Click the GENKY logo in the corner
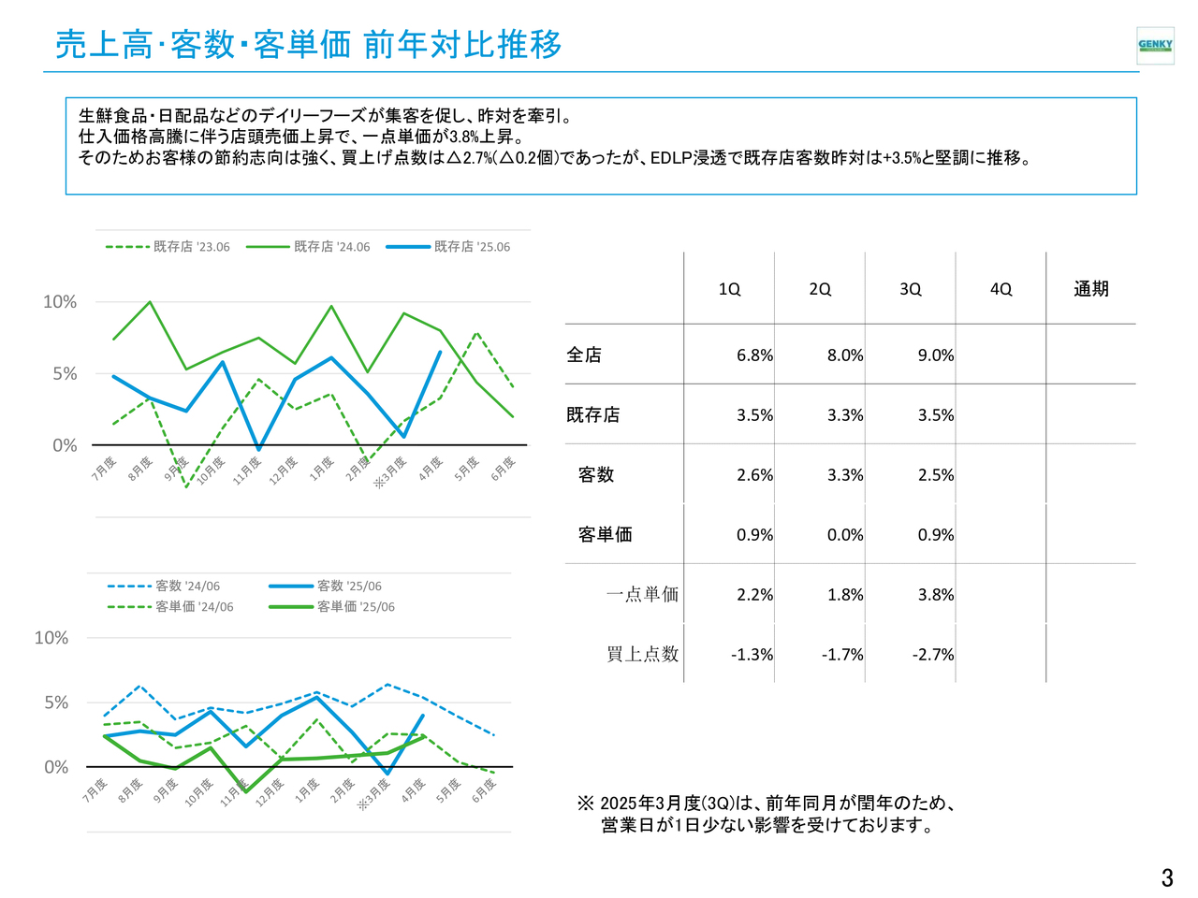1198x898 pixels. tap(1155, 45)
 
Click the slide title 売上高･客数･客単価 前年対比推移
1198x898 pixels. tap(308, 44)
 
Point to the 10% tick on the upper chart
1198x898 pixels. tap(60, 302)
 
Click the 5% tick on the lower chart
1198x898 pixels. tap(56, 702)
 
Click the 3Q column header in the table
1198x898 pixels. tap(910, 289)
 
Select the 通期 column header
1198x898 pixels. tap(1090, 289)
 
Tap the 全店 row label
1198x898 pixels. tap(584, 355)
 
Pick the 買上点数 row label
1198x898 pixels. tap(642, 655)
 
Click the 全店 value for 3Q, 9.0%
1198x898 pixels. tap(935, 355)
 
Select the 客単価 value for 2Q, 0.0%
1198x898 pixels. tap(844, 535)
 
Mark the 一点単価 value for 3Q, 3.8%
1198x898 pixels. tap(935, 595)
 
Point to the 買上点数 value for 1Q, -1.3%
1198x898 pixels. tap(752, 655)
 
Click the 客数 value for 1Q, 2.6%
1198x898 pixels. tap(754, 475)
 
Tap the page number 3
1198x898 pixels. tap(1166, 877)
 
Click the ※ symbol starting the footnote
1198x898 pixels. tap(585, 804)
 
